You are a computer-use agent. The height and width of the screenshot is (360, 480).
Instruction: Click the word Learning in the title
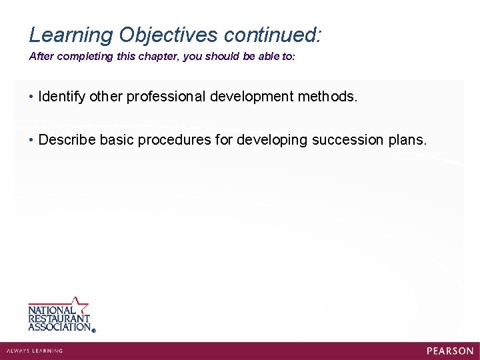point(69,35)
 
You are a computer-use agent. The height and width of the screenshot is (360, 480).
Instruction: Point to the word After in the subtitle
point(41,57)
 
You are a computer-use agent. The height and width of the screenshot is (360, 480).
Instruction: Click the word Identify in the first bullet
point(62,97)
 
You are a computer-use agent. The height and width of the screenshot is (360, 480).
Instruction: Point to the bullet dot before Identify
point(32,97)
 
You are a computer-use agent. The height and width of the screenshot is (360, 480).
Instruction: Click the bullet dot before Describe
point(32,140)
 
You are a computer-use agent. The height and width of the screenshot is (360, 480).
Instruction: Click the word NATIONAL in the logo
point(51,311)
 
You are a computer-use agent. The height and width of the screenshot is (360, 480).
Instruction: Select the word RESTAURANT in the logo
point(59,319)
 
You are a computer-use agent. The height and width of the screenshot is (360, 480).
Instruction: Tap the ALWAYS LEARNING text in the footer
point(34,351)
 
